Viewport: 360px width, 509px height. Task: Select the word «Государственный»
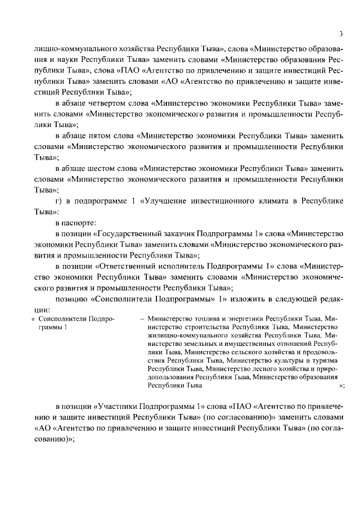(129, 233)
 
